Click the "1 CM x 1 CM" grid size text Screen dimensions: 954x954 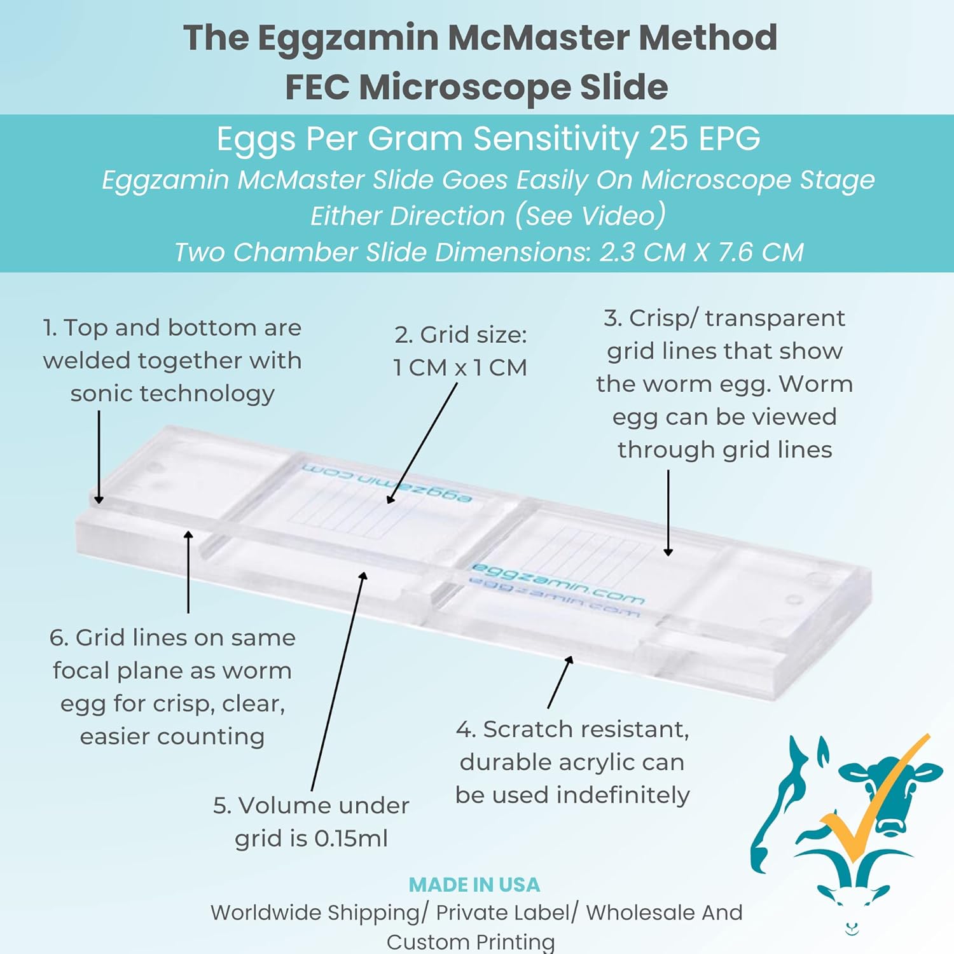pos(460,368)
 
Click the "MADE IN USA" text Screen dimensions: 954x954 pos(474,885)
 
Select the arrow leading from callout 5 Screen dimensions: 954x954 pos(337,681)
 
